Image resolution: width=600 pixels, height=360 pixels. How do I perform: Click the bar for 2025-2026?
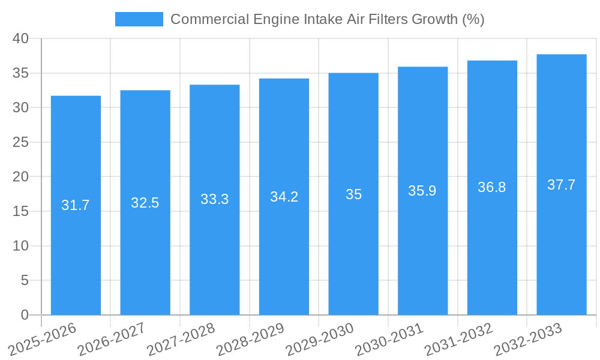coord(76,240)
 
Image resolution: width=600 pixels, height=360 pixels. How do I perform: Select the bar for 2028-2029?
coord(284,240)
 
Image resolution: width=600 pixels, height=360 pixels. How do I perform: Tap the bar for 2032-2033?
coord(562,240)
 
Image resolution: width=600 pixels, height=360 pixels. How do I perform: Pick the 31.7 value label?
coord(76,205)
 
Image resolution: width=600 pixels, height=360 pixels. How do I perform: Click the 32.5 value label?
coord(145,203)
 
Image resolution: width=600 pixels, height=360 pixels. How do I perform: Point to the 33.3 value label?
coord(214,199)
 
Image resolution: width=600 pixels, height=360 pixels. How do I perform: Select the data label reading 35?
coord(353,194)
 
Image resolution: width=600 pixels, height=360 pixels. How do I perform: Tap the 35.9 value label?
coord(422,191)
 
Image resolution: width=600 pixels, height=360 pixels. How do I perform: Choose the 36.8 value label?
coord(492,187)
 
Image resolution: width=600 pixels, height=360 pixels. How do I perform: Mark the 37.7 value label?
coord(562,185)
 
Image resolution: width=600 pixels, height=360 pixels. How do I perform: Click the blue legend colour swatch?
coord(139,19)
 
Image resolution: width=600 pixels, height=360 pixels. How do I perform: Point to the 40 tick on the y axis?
coord(21,38)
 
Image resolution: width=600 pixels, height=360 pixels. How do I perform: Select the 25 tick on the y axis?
coord(21,142)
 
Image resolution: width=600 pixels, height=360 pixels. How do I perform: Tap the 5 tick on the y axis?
coord(25,280)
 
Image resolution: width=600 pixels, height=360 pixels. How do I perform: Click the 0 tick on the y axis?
coord(25,315)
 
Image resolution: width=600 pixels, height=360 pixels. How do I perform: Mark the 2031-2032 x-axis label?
coord(458,340)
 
